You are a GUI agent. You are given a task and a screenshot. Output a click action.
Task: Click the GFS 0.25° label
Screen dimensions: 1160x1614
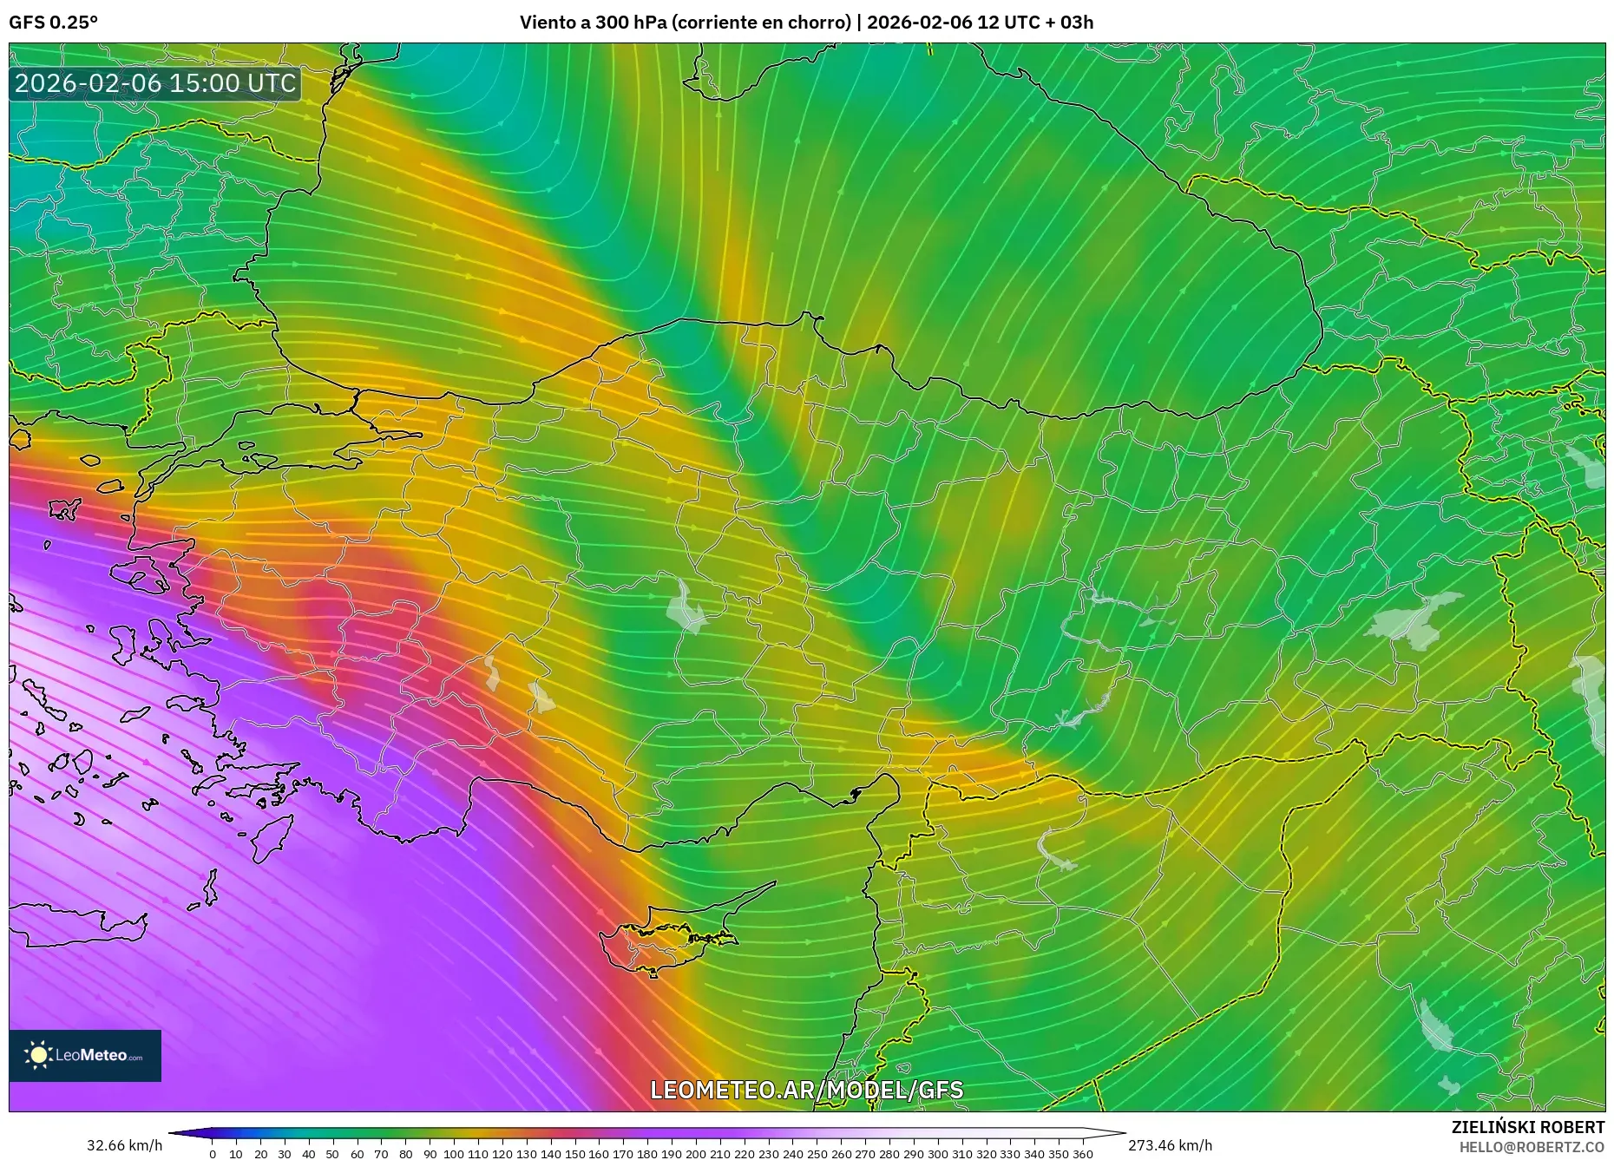coord(53,23)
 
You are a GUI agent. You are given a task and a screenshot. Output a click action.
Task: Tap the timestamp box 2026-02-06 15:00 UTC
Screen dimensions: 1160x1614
coord(155,83)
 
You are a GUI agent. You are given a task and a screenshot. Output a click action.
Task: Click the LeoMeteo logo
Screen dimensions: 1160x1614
coord(85,1055)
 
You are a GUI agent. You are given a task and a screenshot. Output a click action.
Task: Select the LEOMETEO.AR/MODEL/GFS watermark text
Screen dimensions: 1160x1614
coord(806,1090)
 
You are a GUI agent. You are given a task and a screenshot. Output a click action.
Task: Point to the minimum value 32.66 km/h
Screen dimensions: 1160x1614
coord(124,1145)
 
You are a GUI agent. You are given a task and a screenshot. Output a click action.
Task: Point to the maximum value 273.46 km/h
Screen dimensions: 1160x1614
coord(1170,1145)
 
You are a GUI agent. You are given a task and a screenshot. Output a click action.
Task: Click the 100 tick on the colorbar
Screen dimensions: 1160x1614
coord(453,1154)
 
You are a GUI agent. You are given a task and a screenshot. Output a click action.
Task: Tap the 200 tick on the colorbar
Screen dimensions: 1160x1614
coord(695,1154)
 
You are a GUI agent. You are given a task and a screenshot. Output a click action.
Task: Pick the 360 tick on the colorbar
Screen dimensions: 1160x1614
coord(1082,1154)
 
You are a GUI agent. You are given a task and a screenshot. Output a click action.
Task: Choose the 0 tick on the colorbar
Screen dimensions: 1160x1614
coord(213,1154)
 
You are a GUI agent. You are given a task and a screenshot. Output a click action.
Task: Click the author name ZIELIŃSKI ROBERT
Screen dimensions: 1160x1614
coord(1527,1127)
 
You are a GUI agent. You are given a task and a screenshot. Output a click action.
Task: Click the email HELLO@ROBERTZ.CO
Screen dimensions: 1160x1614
coord(1532,1147)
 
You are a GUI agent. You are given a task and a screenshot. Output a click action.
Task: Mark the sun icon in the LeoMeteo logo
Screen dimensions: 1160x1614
coord(38,1055)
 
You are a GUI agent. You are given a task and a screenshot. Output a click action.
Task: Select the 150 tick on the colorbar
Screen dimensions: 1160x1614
coord(574,1154)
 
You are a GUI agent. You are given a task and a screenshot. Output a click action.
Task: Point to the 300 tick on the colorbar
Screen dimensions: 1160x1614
coord(937,1154)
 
